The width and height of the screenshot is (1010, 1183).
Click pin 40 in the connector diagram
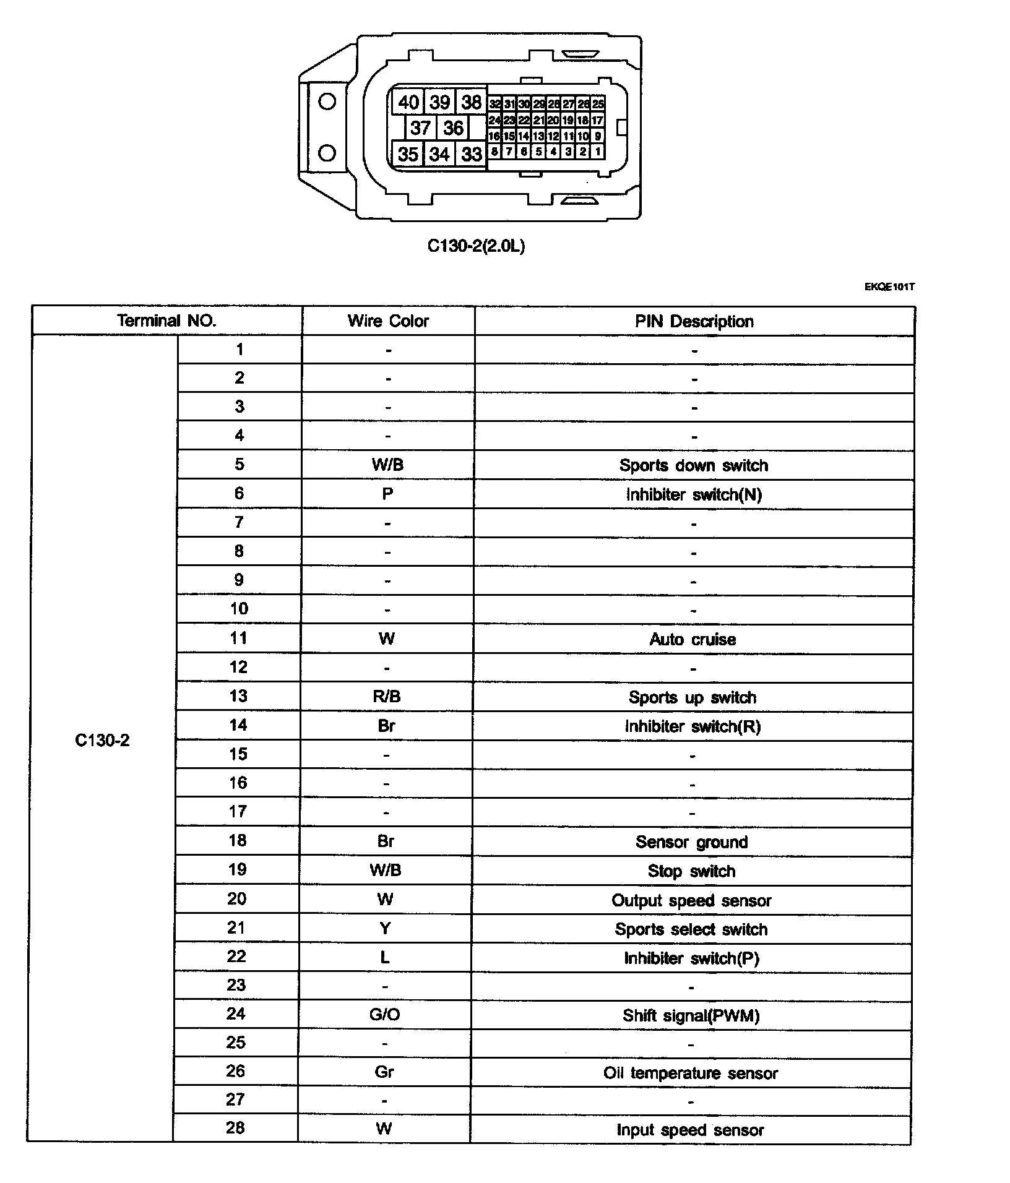[408, 102]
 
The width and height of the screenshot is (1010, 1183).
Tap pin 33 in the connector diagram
[472, 154]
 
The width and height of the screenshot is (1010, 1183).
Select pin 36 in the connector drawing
[453, 128]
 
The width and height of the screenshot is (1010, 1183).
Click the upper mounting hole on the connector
[327, 101]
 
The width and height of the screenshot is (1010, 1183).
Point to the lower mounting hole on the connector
[327, 153]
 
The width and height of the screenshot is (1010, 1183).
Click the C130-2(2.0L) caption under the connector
[476, 246]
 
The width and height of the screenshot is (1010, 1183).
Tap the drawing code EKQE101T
[889, 287]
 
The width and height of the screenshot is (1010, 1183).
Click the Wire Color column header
[388, 321]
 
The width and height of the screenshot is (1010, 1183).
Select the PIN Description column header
[694, 322]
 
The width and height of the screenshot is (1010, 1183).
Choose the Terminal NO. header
[166, 321]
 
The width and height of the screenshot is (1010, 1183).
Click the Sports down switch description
[693, 465]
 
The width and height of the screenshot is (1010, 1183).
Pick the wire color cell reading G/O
[385, 1015]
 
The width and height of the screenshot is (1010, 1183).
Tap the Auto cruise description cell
[693, 639]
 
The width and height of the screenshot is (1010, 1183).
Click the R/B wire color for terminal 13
[387, 697]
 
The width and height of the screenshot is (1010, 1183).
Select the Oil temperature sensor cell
[690, 1073]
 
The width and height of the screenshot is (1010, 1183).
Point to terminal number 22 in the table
[236, 957]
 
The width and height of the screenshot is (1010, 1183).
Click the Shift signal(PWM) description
[691, 1015]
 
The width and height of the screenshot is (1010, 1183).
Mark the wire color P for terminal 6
[387, 494]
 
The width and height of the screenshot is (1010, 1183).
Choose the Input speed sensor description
[690, 1130]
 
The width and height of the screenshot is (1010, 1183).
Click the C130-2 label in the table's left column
[102, 741]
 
